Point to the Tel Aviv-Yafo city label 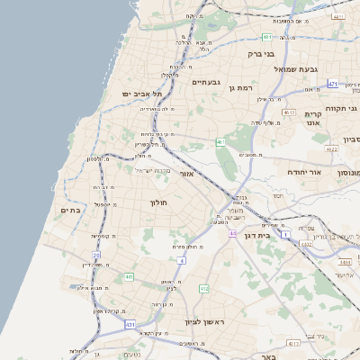pyautogui.click(x=142, y=93)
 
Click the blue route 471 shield pyautogui.click(x=332, y=84)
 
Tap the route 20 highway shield pyautogui.click(x=95, y=256)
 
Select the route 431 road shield pyautogui.click(x=130, y=323)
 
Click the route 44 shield pyautogui.click(x=232, y=234)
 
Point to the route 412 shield pyautogui.click(x=203, y=289)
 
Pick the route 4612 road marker pyautogui.click(x=291, y=112)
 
